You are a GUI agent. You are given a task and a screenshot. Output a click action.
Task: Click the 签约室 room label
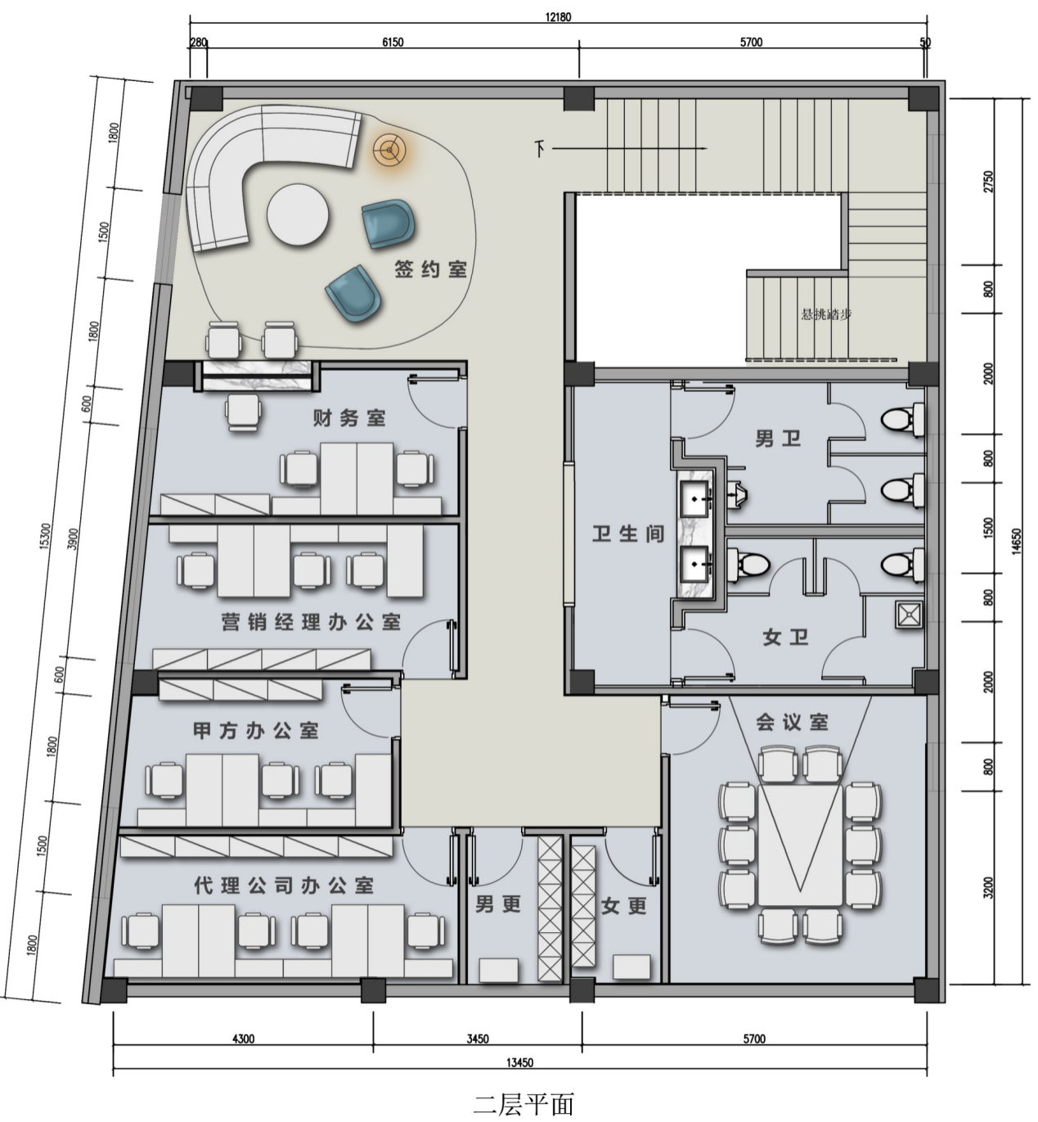(430, 269)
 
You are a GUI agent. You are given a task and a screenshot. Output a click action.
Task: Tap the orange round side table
(389, 150)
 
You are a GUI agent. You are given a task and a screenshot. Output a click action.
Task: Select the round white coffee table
(298, 214)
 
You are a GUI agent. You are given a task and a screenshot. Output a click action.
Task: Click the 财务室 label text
(349, 418)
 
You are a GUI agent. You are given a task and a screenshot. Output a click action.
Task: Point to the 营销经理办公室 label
(311, 622)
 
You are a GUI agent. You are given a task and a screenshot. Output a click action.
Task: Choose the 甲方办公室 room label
(256, 731)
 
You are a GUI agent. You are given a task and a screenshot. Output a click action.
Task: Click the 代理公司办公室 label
(284, 885)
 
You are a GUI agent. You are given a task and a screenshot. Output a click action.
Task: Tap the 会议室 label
(793, 722)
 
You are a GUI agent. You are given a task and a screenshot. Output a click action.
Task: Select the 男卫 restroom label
(778, 439)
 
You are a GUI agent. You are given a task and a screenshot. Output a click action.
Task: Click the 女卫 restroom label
(785, 638)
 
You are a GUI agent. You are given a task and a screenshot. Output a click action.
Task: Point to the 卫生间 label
(628, 534)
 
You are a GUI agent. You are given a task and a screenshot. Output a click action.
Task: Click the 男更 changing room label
(497, 904)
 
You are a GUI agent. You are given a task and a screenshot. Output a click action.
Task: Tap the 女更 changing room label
(623, 906)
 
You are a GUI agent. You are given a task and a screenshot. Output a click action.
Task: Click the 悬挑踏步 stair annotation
(826, 314)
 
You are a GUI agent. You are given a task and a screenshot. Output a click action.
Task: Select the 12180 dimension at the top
(558, 17)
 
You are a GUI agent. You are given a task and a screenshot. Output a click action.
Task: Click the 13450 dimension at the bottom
(519, 1063)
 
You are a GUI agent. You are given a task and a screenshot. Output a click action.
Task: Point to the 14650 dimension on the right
(1017, 541)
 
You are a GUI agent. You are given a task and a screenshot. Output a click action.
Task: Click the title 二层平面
(524, 1103)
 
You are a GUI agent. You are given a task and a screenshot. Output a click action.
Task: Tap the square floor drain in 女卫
(909, 615)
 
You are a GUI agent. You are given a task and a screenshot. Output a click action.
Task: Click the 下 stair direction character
(540, 149)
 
